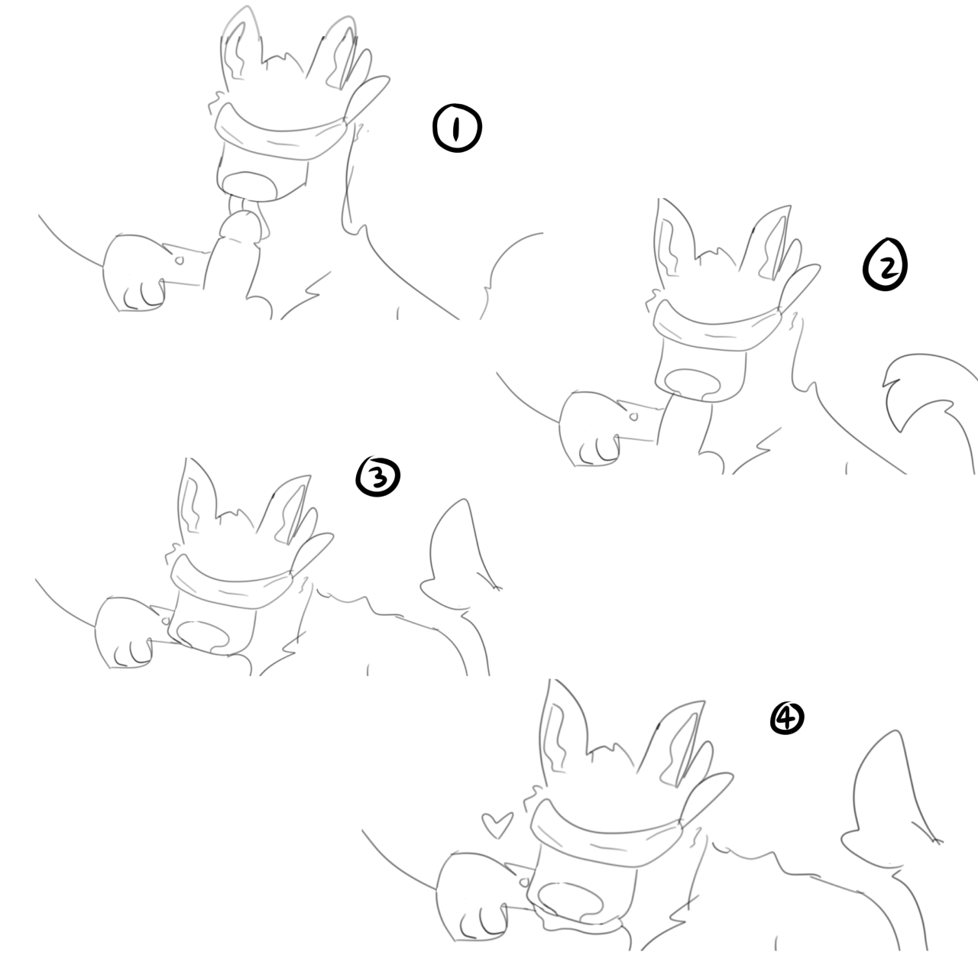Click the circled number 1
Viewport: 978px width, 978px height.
tap(457, 128)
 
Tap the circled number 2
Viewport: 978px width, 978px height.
tap(885, 264)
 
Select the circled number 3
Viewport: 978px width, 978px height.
tap(378, 476)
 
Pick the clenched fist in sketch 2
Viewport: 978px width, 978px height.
tap(590, 429)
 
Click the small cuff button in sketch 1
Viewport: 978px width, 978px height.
tap(179, 261)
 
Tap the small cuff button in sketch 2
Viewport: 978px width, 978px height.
tap(633, 416)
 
